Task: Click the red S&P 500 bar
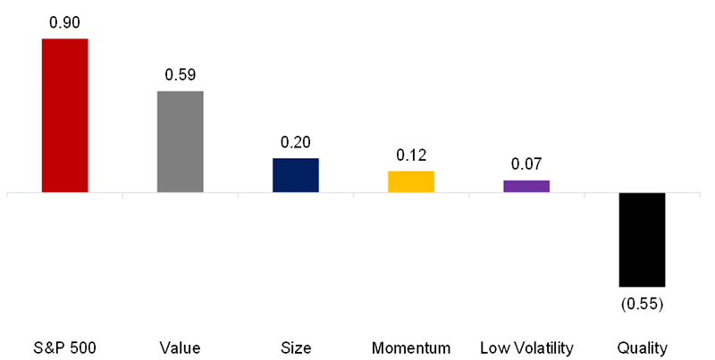click(x=64, y=115)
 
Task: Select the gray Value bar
click(x=180, y=141)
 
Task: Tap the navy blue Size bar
click(x=295, y=175)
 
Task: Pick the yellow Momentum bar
click(x=410, y=181)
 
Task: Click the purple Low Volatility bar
click(x=526, y=186)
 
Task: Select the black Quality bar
click(x=642, y=239)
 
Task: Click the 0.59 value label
click(x=180, y=75)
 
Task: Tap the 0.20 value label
click(x=295, y=142)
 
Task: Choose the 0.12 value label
click(x=410, y=155)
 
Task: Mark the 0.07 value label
click(x=526, y=164)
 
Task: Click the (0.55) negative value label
click(x=642, y=304)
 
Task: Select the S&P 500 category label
click(x=64, y=347)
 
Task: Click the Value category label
click(x=180, y=347)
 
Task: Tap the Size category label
click(x=295, y=347)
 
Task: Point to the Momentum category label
click(x=410, y=347)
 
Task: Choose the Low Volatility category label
click(x=526, y=347)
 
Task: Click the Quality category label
click(x=642, y=347)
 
